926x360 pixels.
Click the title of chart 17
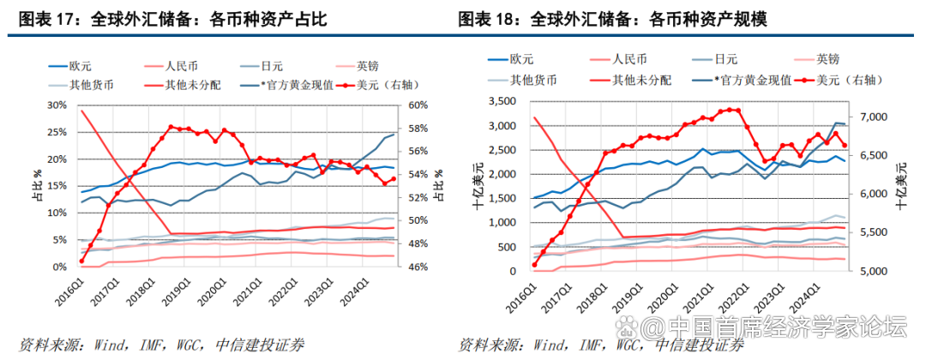tap(171, 19)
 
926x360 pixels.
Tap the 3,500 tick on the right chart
tap(497, 102)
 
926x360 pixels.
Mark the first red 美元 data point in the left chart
tap(81, 261)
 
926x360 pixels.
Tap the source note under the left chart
tap(154, 345)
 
